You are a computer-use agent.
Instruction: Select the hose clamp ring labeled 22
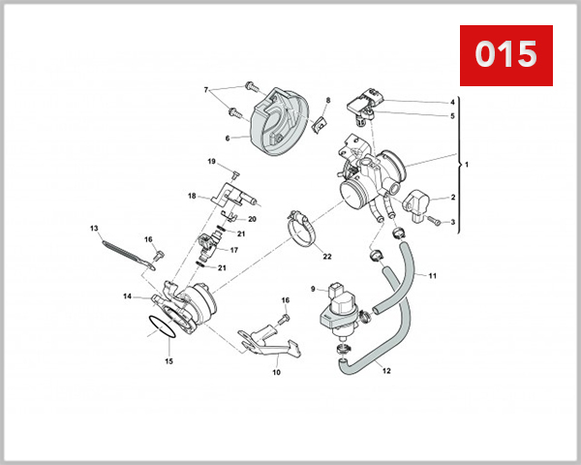[x=304, y=229]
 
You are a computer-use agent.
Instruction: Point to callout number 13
[x=95, y=229]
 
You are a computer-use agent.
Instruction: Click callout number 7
[x=205, y=90]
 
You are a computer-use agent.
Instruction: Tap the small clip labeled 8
[x=321, y=123]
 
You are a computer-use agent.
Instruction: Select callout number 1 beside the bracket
[x=466, y=165]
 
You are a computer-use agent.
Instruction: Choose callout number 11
[x=433, y=276]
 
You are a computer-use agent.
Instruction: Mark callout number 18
[x=192, y=196]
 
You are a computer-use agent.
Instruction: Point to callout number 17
[x=233, y=250]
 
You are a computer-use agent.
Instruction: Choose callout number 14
[x=128, y=296]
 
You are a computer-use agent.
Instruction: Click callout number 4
[x=451, y=103]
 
